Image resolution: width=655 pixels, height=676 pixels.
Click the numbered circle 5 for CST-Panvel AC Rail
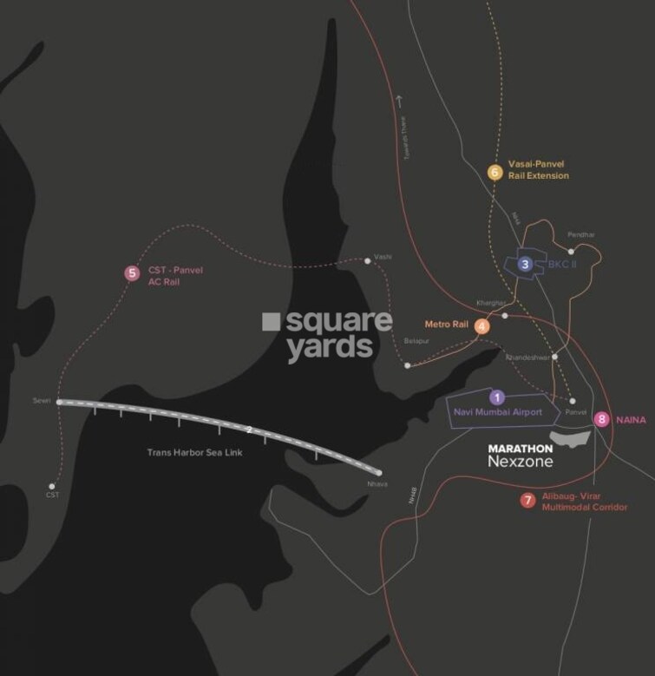tap(131, 273)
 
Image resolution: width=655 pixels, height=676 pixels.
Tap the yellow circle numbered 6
tap(495, 172)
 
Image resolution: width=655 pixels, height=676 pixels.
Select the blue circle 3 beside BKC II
tap(524, 264)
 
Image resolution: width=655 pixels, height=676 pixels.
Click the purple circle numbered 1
tap(496, 397)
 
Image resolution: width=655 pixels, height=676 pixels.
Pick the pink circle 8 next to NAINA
tap(602, 420)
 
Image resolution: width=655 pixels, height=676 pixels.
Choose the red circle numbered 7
tap(527, 500)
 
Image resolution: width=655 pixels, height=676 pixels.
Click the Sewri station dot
tap(58, 402)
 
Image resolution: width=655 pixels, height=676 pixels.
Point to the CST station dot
tap(53, 486)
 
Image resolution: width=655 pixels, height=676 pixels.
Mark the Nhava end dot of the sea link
tap(380, 472)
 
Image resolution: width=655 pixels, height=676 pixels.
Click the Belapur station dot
tap(407, 365)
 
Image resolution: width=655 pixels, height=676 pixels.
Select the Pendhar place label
tap(580, 235)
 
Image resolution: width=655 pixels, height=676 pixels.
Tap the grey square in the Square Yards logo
tap(271, 322)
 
